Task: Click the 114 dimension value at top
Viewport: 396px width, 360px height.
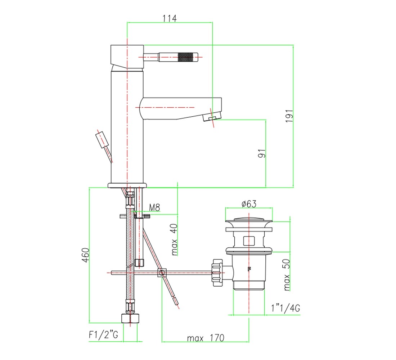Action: pyautogui.click(x=170, y=18)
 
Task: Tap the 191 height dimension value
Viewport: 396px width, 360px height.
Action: pyautogui.click(x=289, y=116)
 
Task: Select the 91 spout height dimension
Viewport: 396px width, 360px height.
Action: pyautogui.click(x=262, y=153)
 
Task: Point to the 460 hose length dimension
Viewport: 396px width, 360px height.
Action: pyautogui.click(x=86, y=255)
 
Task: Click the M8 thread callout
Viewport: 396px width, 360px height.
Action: pyautogui.click(x=154, y=208)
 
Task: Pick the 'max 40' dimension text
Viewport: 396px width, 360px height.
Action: pyautogui.click(x=174, y=239)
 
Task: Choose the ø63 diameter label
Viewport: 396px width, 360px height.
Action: pyautogui.click(x=249, y=204)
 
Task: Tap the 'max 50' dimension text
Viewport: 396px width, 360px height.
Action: pyautogui.click(x=287, y=275)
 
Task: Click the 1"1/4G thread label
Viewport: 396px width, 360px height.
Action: pyautogui.click(x=285, y=308)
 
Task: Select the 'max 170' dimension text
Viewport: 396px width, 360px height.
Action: pyautogui.click(x=206, y=338)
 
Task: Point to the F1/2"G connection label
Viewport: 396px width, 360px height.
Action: pyautogui.click(x=103, y=335)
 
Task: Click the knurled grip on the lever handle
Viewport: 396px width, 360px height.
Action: pyautogui.click(x=186, y=57)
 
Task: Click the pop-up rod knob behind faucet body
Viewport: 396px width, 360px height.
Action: pyautogui.click(x=102, y=140)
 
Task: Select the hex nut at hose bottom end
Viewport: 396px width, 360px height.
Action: pyautogui.click(x=131, y=319)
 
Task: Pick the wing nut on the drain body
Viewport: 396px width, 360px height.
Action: pyautogui.click(x=218, y=273)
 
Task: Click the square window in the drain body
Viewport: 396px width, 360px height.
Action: pyautogui.click(x=249, y=241)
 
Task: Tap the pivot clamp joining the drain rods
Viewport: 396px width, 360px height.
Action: pyautogui.click(x=162, y=273)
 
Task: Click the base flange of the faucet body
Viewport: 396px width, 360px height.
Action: pyautogui.click(x=127, y=186)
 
